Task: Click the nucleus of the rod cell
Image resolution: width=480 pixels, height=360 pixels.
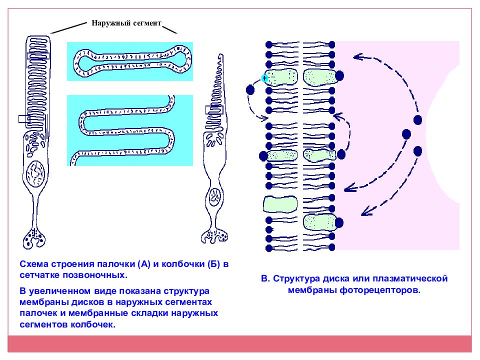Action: pos(36,174)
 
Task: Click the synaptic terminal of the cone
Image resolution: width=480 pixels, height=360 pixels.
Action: pos(214,236)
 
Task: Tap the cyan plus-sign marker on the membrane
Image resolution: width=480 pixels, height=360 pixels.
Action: pos(264,78)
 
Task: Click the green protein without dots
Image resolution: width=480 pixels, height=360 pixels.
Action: pos(280,204)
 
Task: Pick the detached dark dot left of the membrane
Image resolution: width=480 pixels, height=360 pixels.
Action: pos(250,90)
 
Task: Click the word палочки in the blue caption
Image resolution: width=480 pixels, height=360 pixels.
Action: pos(115,264)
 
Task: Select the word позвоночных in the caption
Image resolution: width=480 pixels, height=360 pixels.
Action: pos(95,275)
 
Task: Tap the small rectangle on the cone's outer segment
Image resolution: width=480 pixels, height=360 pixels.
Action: pos(213,109)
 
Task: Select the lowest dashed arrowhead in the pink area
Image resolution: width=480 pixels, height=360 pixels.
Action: pos(366,211)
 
